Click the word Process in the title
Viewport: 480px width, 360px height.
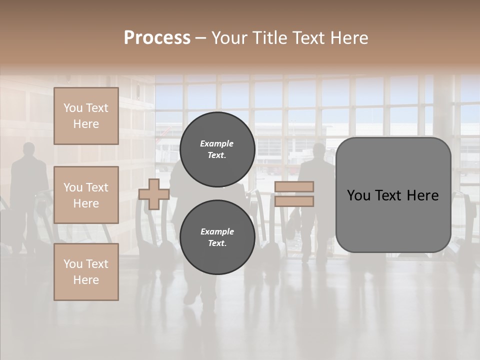pyautogui.click(x=157, y=38)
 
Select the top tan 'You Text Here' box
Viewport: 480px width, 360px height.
pyautogui.click(x=86, y=116)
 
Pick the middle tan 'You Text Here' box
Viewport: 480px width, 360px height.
pyautogui.click(x=86, y=195)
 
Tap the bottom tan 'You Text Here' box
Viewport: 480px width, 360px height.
pyautogui.click(x=86, y=272)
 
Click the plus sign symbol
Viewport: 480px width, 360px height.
pyautogui.click(x=153, y=194)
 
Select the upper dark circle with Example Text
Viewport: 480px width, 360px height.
pyautogui.click(x=217, y=149)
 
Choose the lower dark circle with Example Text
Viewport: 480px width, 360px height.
pyautogui.click(x=217, y=237)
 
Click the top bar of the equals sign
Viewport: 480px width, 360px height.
pyautogui.click(x=294, y=186)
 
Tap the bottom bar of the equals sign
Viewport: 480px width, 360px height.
pyautogui.click(x=294, y=201)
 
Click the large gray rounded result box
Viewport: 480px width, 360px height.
pyautogui.click(x=393, y=195)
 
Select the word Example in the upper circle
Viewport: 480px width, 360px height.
pyautogui.click(x=217, y=143)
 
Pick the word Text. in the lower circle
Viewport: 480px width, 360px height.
pyautogui.click(x=217, y=243)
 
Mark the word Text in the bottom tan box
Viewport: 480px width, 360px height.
pyautogui.click(x=97, y=264)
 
